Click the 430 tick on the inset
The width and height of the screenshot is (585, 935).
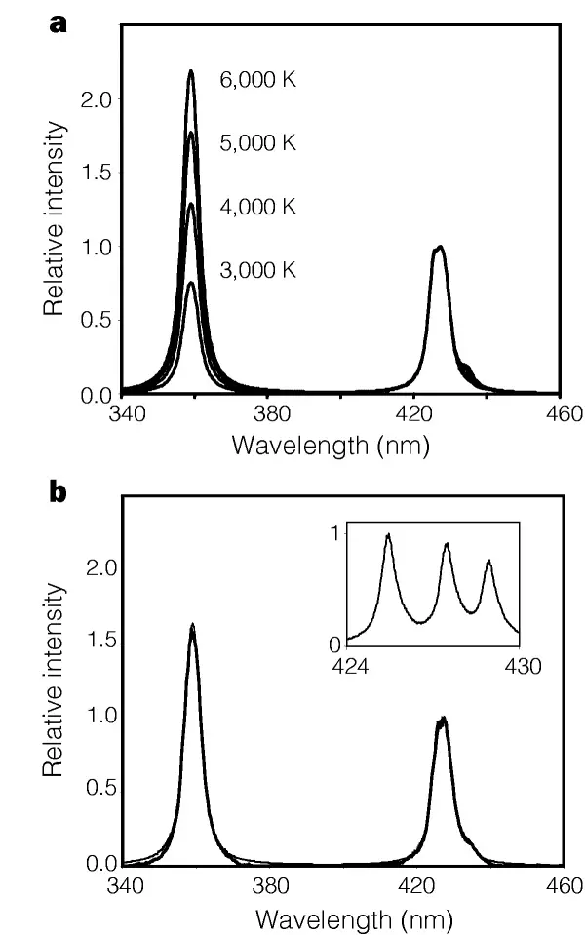coord(517,666)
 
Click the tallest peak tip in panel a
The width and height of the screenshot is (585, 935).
coord(191,71)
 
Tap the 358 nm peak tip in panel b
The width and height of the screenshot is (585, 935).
coord(192,625)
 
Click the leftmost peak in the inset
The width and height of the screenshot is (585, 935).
coord(388,534)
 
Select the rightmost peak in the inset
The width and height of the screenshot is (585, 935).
coord(488,561)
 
